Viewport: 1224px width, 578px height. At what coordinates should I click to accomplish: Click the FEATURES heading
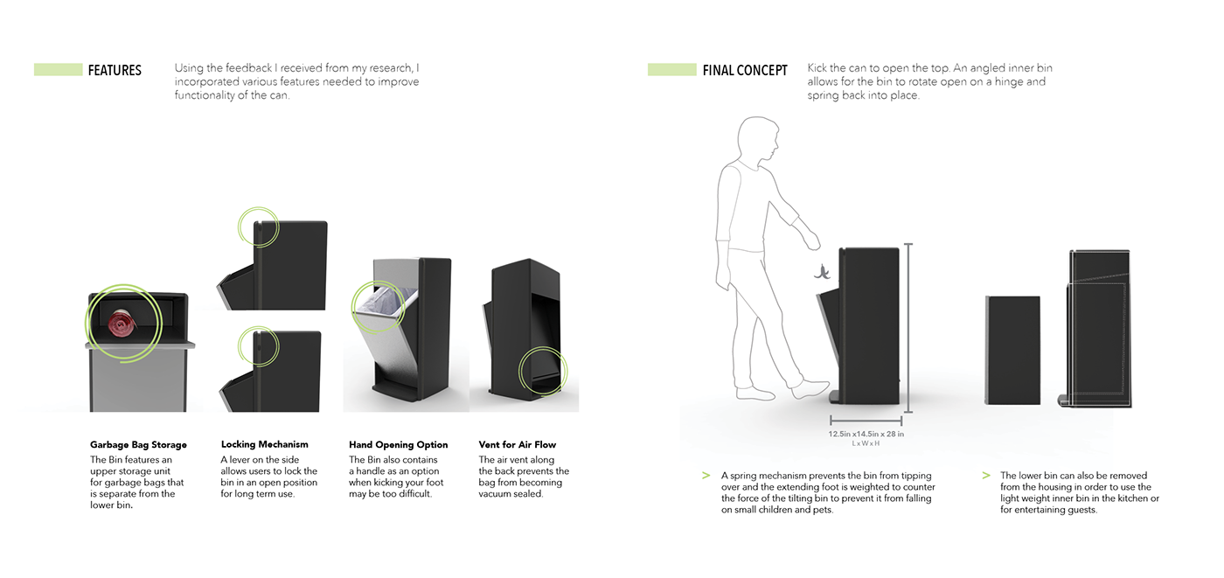[x=115, y=70]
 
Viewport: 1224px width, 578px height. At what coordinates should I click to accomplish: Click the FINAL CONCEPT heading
[x=745, y=70]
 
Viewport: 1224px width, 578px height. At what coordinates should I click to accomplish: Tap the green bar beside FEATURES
[x=58, y=70]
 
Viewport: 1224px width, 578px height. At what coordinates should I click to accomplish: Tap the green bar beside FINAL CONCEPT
[x=671, y=70]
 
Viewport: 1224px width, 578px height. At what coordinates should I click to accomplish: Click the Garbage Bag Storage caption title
[x=138, y=445]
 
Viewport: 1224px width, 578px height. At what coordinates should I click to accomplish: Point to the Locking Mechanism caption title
[x=264, y=445]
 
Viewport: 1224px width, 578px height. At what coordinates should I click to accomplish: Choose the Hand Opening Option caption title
[x=398, y=445]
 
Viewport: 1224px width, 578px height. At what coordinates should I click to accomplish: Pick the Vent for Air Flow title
[x=518, y=445]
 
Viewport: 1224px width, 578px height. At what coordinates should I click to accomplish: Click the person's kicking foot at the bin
[x=812, y=389]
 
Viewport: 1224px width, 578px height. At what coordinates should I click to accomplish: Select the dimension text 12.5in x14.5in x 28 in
[x=866, y=434]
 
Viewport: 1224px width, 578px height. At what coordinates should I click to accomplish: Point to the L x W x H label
[x=866, y=443]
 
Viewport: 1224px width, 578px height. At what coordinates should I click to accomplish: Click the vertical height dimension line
[x=908, y=328]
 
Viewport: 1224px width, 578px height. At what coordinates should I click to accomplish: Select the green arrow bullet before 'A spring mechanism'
[x=705, y=476]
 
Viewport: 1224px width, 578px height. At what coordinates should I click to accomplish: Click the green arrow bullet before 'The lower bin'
[x=985, y=476]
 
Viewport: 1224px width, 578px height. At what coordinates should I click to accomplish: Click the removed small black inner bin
[x=1012, y=350]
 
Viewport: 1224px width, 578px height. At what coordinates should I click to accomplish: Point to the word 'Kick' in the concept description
[x=818, y=68]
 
